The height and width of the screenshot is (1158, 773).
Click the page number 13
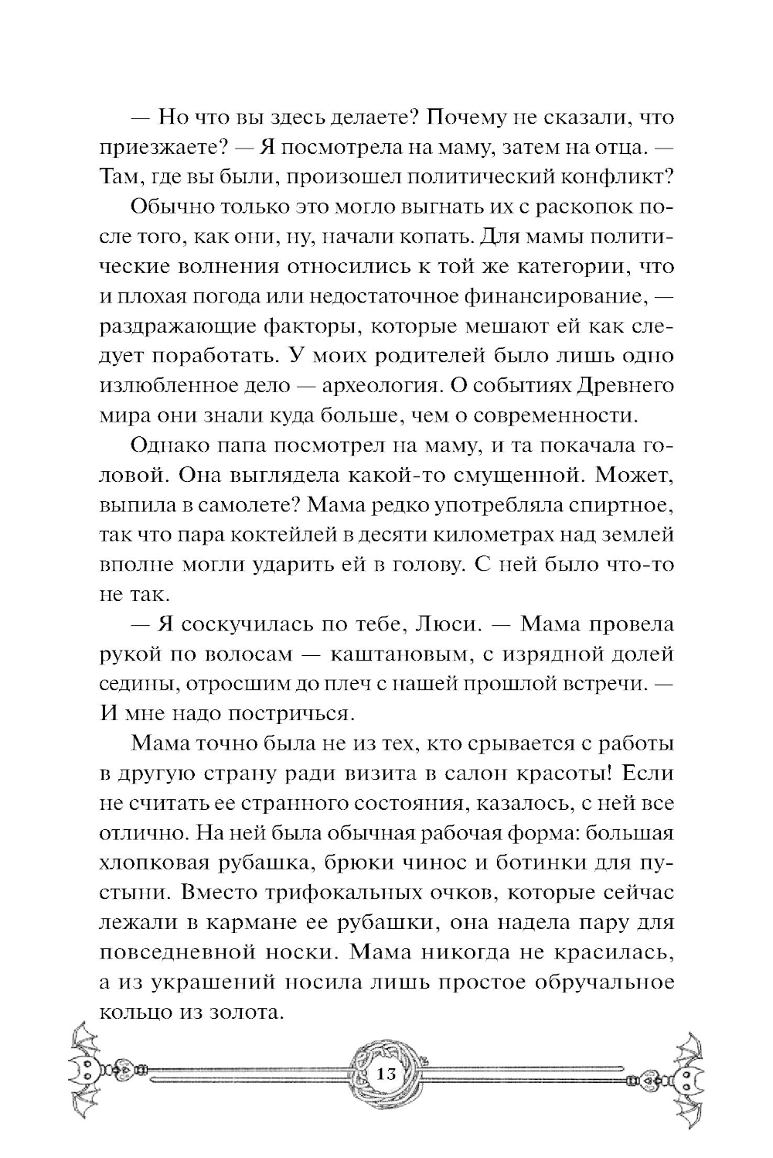(x=386, y=1075)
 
